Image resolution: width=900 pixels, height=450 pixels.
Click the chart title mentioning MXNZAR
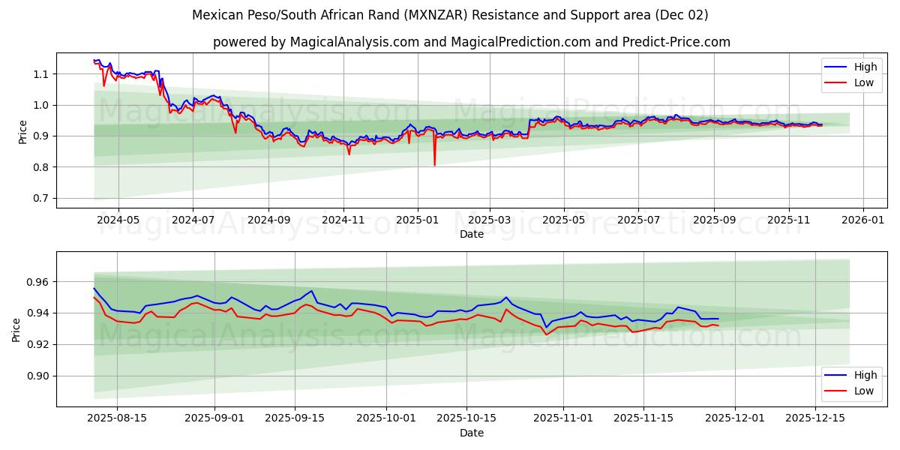(450, 15)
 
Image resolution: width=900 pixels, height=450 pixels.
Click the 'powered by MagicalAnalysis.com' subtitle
(471, 42)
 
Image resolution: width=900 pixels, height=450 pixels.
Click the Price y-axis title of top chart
(22, 130)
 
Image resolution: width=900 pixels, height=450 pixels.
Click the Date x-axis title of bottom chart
(471, 433)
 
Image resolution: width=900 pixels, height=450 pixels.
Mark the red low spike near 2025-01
(434, 164)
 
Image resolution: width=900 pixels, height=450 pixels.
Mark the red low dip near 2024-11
(349, 154)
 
